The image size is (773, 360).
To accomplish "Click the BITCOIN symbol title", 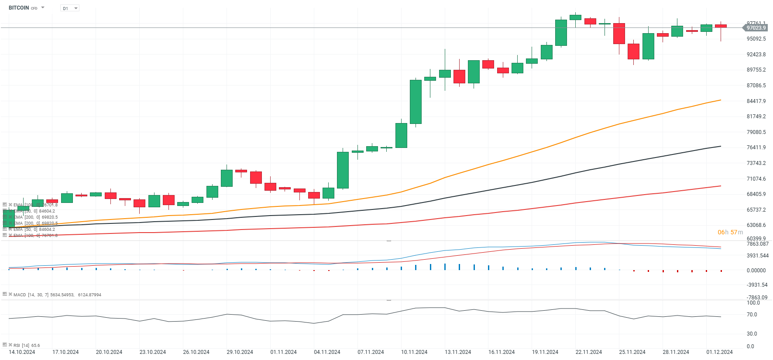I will click(19, 8).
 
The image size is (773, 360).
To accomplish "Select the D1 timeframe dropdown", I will click(70, 8).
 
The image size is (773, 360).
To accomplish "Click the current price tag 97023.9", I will click(756, 28).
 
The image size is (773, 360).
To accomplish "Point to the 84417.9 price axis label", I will click(756, 101).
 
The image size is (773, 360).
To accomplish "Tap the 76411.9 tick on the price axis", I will click(756, 147).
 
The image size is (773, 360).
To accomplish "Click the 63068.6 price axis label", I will click(756, 225).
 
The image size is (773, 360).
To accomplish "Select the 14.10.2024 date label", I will click(22, 352).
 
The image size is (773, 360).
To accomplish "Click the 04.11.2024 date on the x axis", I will click(327, 352).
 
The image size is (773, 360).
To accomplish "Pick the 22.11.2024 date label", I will click(588, 352).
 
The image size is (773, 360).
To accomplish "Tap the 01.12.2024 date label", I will click(719, 352).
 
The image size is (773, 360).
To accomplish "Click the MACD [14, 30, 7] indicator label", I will click(57, 295).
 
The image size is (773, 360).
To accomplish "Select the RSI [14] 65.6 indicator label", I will click(27, 346).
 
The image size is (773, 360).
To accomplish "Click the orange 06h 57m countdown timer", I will click(730, 232).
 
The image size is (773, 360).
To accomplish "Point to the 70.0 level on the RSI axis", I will click(752, 315).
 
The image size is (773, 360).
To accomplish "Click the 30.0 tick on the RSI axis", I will click(752, 334).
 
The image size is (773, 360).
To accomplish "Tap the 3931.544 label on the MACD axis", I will click(758, 256).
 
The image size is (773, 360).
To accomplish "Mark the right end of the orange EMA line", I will click(720, 100).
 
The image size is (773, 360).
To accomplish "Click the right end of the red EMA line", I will click(720, 186).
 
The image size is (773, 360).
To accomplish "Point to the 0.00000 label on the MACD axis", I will click(756, 271).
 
